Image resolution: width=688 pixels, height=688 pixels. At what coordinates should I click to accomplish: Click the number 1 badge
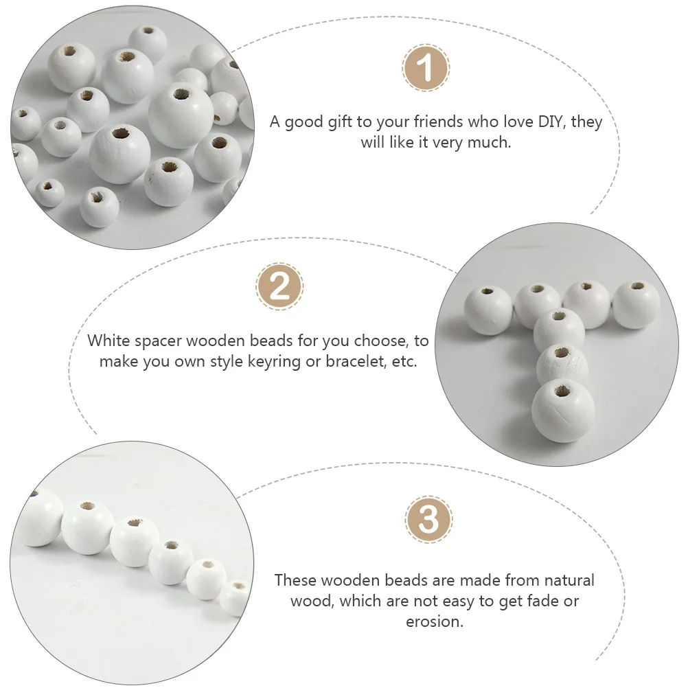click(x=426, y=69)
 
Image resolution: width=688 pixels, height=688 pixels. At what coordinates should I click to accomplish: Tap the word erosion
click(x=434, y=622)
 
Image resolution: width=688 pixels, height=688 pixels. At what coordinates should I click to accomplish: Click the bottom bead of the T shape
click(x=563, y=411)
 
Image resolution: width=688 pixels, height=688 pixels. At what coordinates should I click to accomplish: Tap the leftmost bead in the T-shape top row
click(x=489, y=310)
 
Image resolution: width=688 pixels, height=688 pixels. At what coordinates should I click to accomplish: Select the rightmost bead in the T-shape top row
click(x=636, y=304)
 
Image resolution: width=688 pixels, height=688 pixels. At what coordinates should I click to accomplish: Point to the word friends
click(x=434, y=122)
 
